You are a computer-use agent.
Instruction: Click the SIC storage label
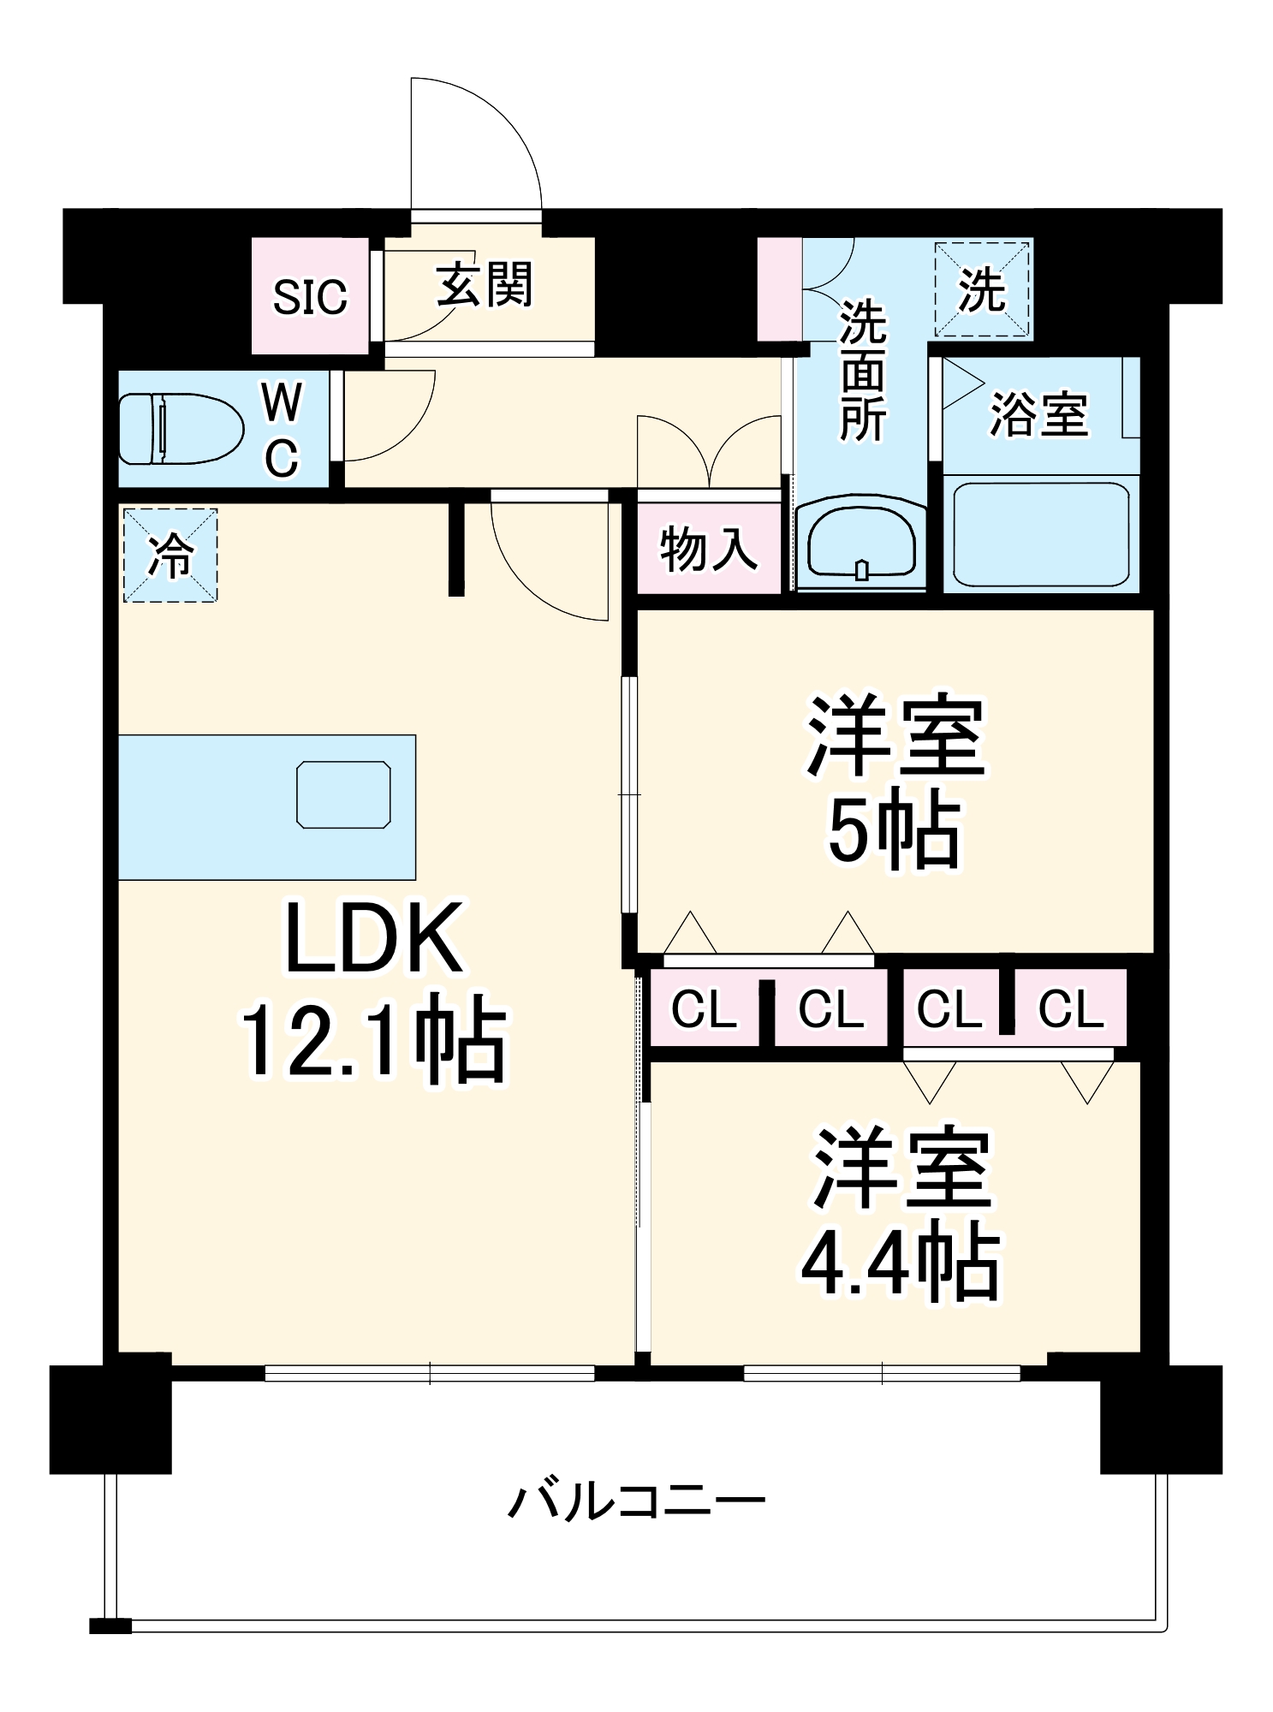310,297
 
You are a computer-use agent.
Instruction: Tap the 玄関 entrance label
485,284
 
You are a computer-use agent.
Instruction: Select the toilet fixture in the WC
180,428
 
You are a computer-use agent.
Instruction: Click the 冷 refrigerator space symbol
170,556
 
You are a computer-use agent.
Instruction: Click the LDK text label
374,939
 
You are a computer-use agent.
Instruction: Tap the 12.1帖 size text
374,1038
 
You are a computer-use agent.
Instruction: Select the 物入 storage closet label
709,549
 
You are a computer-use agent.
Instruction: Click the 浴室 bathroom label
1038,414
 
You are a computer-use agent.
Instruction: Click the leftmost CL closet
704,1008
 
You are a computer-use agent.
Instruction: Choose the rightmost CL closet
1070,1008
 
